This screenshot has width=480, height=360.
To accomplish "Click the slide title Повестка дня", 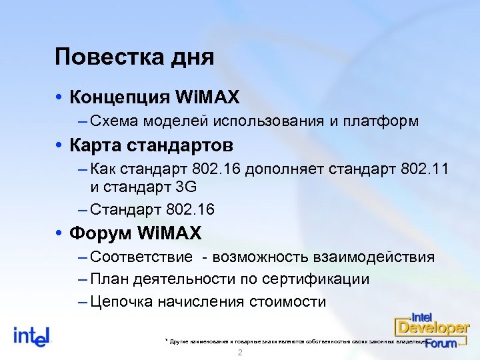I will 135,57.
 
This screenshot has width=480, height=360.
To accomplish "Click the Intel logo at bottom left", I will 32,335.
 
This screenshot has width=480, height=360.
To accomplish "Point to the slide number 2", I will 239,353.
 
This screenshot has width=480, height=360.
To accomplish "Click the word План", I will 107,279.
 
